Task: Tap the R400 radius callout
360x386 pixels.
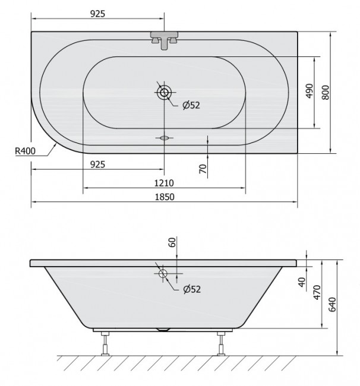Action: (x=25, y=151)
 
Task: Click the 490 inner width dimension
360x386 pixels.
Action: (x=309, y=92)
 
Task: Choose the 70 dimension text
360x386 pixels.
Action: (x=203, y=169)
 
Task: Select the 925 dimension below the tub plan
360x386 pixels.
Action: (x=98, y=164)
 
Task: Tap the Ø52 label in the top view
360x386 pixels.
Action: (x=191, y=106)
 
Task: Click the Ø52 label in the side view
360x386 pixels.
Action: (x=191, y=289)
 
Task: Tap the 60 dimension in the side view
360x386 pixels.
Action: (x=172, y=242)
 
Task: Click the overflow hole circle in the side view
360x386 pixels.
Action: (x=164, y=274)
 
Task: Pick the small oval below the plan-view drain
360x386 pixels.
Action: (x=165, y=138)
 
